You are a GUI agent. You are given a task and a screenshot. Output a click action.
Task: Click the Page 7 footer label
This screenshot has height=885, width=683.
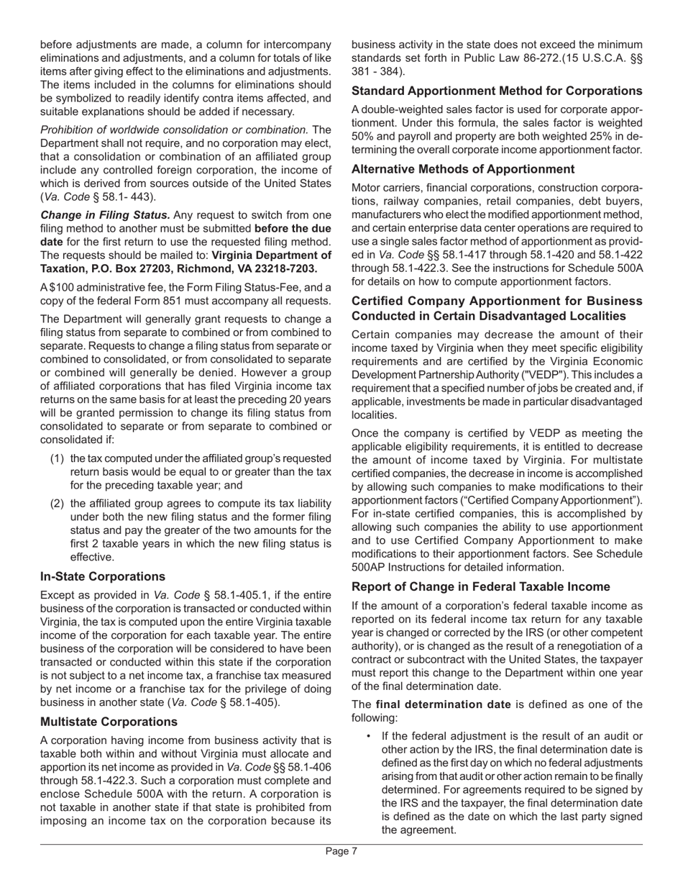341,851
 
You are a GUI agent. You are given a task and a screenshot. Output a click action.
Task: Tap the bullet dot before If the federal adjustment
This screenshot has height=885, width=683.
370,735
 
